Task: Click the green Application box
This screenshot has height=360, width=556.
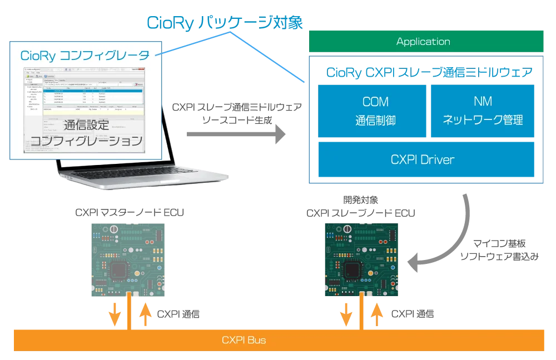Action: (423, 42)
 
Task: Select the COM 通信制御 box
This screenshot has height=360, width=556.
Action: (371, 111)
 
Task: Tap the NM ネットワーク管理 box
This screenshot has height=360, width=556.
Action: (482, 111)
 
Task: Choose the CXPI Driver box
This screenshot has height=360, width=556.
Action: (423, 159)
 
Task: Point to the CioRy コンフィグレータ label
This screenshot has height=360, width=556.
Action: (85, 56)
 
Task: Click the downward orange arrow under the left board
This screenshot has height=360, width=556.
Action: (115, 314)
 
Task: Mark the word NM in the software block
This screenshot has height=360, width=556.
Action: (482, 102)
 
